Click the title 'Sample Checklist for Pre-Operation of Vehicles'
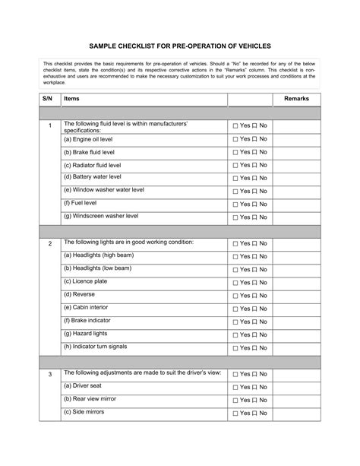179,47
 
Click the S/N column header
48,99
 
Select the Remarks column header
317,99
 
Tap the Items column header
71,99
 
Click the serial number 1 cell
49,126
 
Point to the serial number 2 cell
49,244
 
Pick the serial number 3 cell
49,375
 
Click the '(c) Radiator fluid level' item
92,164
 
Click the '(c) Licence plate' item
85,281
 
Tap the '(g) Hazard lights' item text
85,333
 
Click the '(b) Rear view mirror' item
90,399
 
